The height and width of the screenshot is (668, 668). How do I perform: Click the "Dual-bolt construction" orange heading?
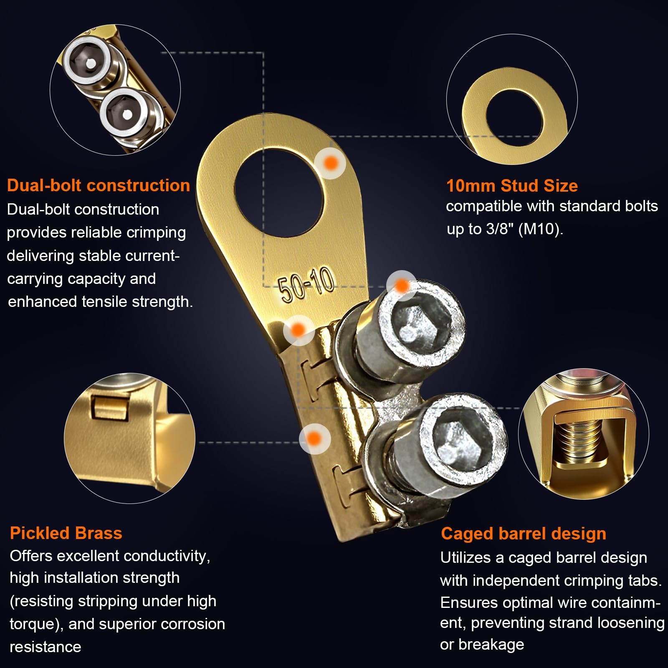click(99, 185)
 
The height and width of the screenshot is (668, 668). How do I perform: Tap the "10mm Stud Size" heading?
click(512, 186)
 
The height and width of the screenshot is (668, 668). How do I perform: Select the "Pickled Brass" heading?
click(66, 533)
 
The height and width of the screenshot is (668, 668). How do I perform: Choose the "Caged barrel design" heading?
click(524, 534)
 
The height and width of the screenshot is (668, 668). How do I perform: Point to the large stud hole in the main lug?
click(280, 192)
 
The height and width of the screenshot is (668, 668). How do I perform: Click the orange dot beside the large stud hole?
click(330, 163)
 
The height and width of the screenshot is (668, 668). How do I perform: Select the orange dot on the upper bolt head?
click(402, 286)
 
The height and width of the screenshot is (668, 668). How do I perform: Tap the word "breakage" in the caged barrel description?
click(491, 644)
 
